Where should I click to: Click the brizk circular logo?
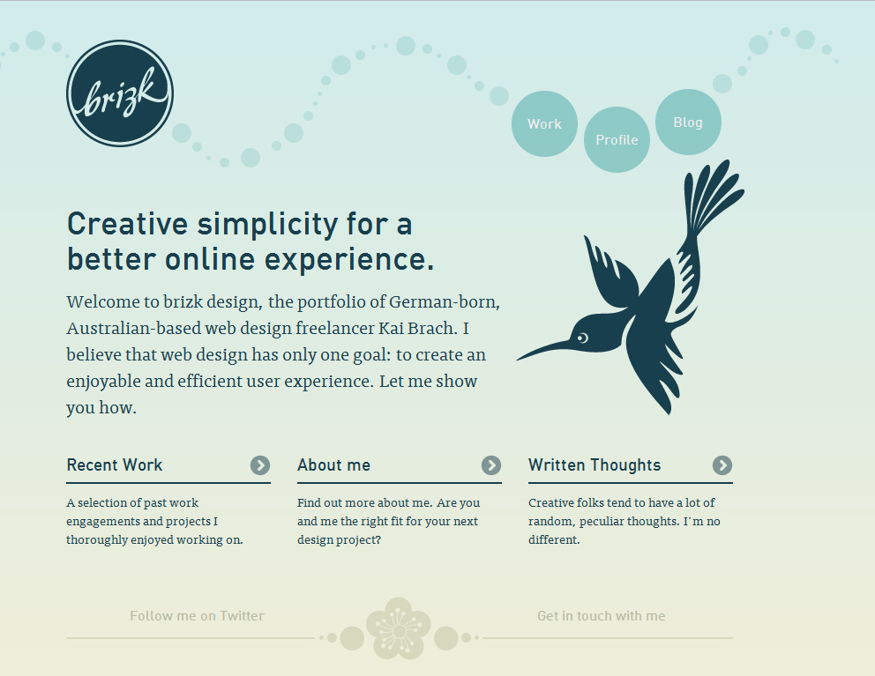click(120, 93)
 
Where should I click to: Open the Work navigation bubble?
click(544, 123)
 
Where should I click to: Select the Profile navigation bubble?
click(617, 139)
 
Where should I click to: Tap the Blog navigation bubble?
click(688, 123)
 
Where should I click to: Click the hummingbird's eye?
click(582, 338)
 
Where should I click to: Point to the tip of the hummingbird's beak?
click(518, 360)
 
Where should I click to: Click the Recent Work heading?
click(115, 465)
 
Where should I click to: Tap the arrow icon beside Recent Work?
click(260, 465)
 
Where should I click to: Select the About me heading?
click(333, 465)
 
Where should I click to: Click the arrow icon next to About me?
click(491, 465)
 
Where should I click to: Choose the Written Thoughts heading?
click(595, 465)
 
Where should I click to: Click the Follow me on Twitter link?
click(197, 616)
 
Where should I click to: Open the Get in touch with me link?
click(601, 616)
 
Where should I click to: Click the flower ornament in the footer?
click(399, 628)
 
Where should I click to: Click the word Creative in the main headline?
click(127, 224)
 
